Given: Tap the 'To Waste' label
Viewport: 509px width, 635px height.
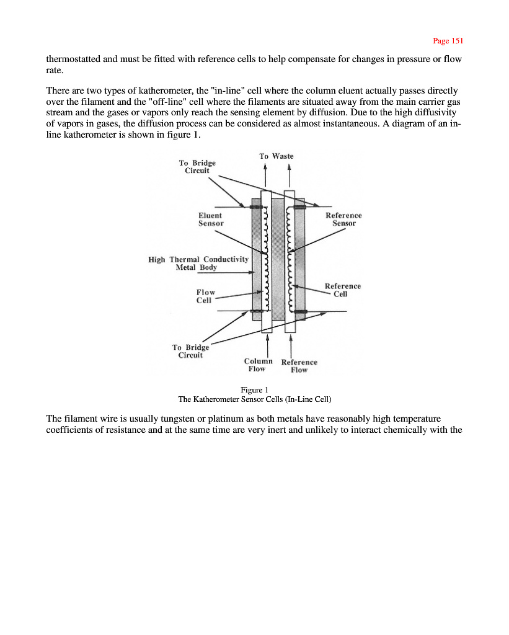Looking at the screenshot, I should tap(276, 156).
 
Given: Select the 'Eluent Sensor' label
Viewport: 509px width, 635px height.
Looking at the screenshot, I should tap(211, 219).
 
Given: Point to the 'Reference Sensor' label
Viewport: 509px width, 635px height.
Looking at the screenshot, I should tap(343, 219).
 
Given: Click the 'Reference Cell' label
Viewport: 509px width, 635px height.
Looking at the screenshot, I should tap(342, 290).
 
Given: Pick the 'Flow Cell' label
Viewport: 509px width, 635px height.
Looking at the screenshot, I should tap(205, 296).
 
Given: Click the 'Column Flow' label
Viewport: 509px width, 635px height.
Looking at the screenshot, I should tap(258, 365).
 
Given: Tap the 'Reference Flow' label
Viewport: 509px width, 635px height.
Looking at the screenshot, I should tap(299, 366).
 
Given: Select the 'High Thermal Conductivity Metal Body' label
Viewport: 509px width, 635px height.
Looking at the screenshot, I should tap(198, 263).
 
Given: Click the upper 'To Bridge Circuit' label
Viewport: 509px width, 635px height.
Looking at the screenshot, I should tap(197, 166).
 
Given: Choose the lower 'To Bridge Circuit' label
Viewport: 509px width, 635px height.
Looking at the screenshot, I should tap(190, 351).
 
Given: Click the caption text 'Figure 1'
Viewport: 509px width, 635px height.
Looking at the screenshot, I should tap(254, 389).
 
